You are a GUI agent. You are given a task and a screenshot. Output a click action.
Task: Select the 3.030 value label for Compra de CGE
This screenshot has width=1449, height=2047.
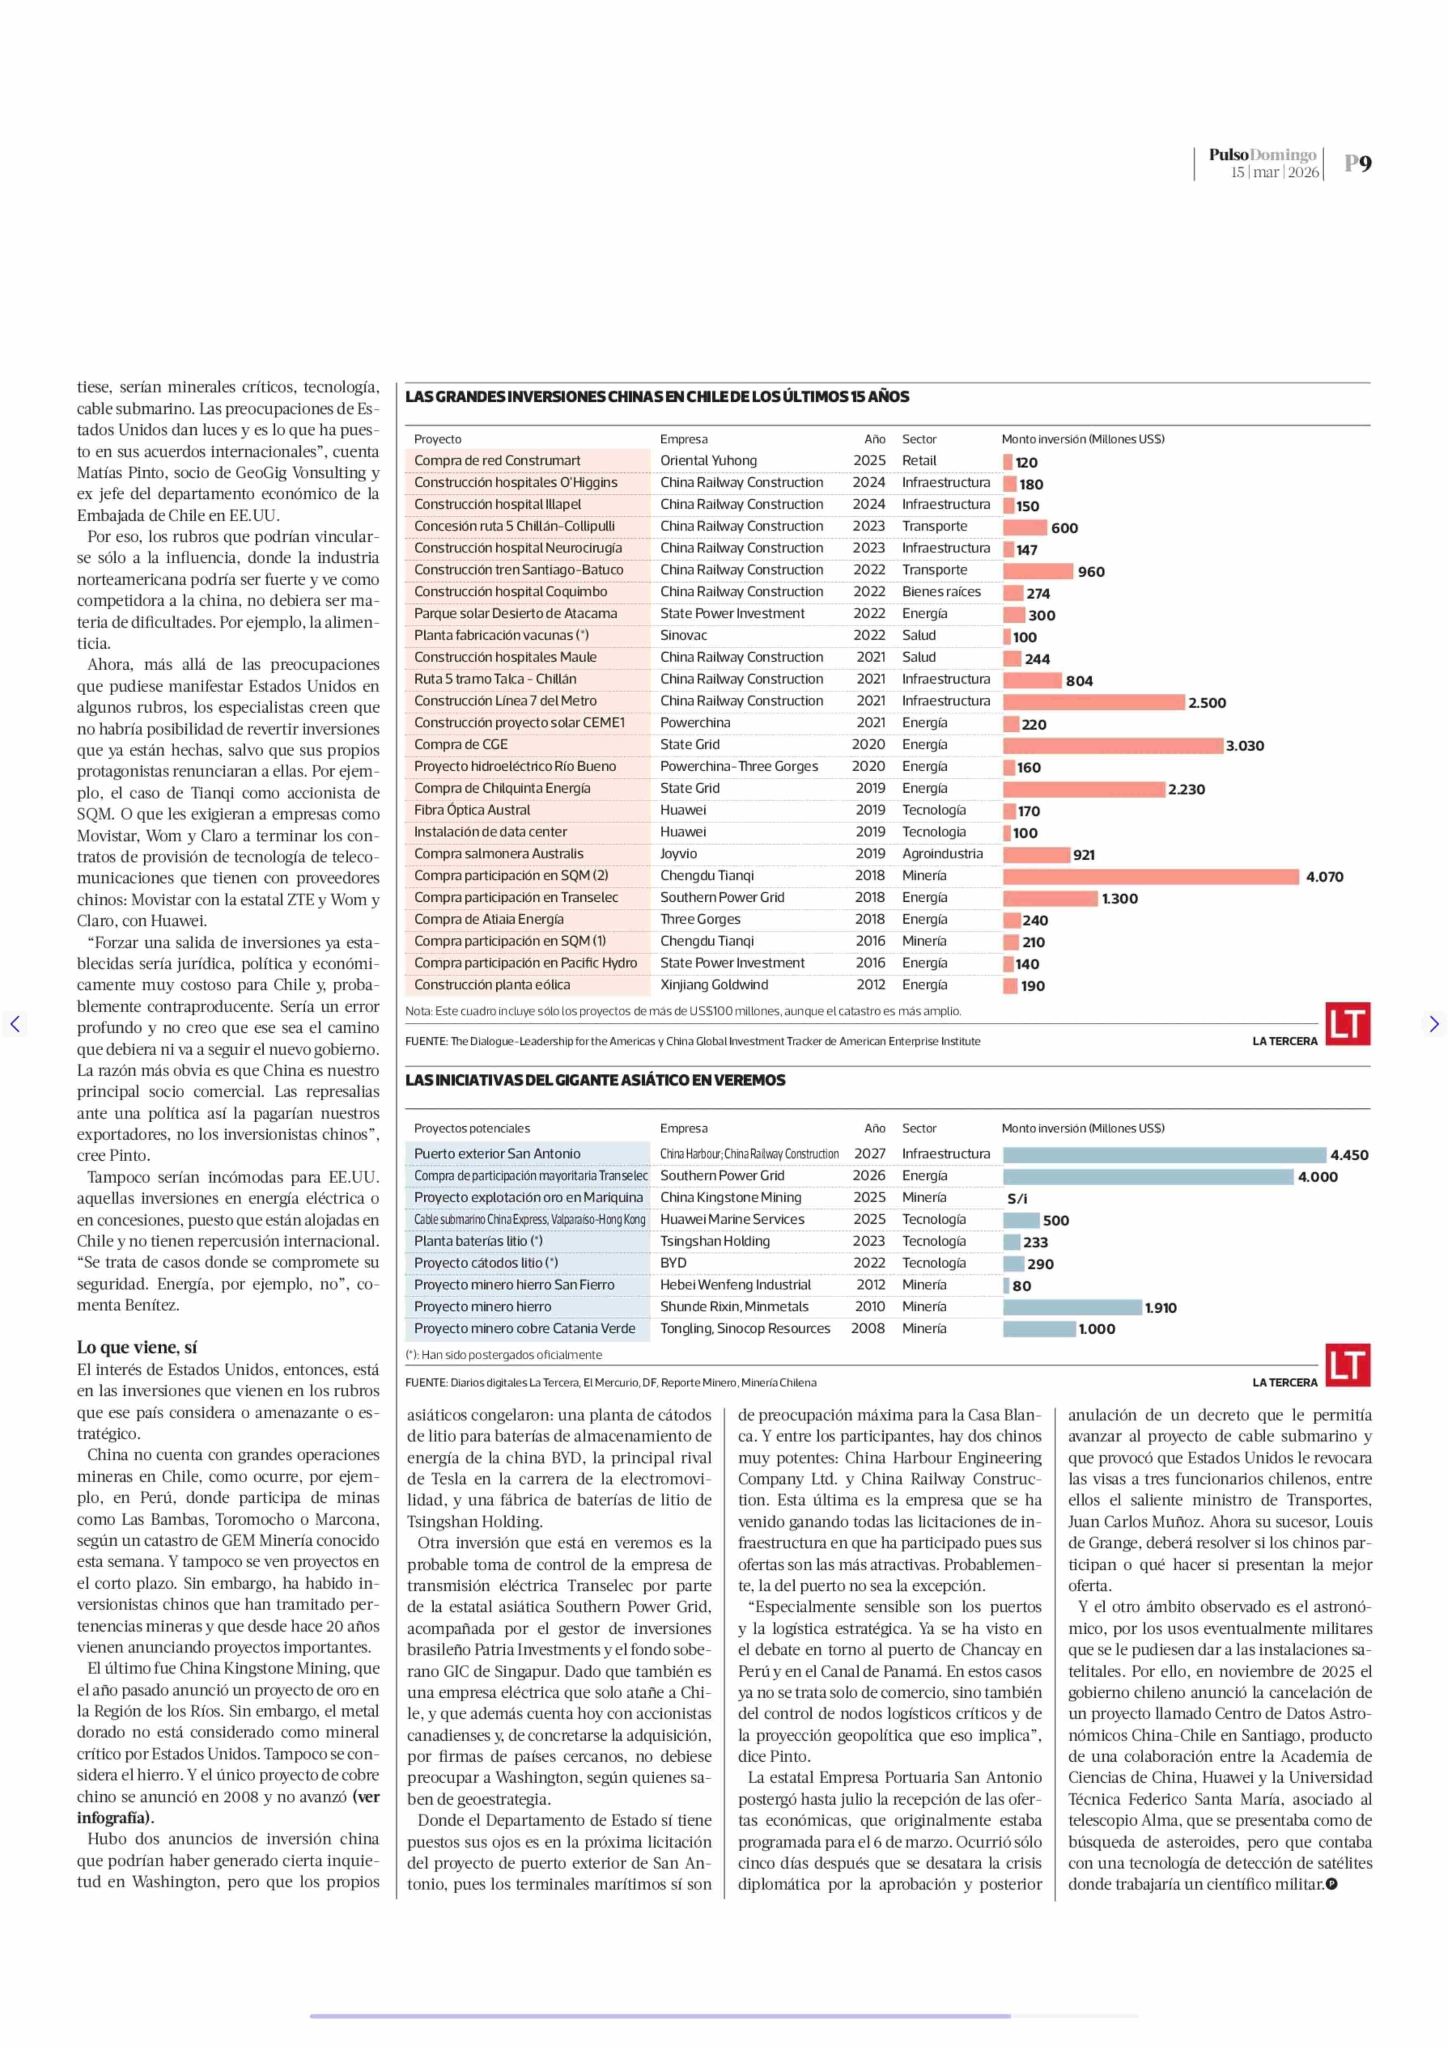1245,746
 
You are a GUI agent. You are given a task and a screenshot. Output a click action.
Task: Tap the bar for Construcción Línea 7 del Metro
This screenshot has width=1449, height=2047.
1094,702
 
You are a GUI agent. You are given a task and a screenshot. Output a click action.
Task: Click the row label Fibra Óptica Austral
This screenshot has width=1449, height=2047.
472,810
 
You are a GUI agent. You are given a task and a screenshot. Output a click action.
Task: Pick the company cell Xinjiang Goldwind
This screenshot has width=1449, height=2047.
714,985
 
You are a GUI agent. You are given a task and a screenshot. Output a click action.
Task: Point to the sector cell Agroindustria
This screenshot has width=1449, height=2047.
942,853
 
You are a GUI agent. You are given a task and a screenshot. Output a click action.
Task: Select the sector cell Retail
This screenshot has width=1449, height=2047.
919,460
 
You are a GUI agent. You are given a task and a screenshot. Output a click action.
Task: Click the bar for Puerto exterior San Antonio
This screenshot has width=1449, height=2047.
1164,1154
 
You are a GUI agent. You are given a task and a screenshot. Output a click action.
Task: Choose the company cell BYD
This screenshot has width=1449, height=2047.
674,1263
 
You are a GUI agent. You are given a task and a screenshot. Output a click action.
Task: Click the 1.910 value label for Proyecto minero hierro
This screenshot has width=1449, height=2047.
1161,1308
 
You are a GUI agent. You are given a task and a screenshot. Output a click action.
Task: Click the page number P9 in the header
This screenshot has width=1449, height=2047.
1358,163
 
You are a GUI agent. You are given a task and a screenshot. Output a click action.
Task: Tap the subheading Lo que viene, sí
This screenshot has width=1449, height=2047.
136,1348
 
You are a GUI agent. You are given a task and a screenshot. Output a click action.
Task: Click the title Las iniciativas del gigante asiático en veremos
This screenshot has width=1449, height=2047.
595,1080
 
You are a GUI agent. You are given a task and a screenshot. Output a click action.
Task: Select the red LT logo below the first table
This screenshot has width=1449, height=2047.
1347,1024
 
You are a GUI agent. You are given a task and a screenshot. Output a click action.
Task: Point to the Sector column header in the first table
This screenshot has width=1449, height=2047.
919,439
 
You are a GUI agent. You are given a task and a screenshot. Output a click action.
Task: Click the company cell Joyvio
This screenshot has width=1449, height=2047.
679,853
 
